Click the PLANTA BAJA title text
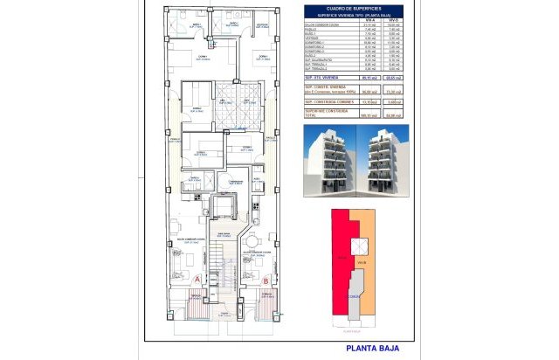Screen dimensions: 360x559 (373, 349)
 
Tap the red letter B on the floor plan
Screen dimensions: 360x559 (266, 280)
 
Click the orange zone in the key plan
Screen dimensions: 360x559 (367, 262)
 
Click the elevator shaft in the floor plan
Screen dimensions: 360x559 (224, 206)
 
